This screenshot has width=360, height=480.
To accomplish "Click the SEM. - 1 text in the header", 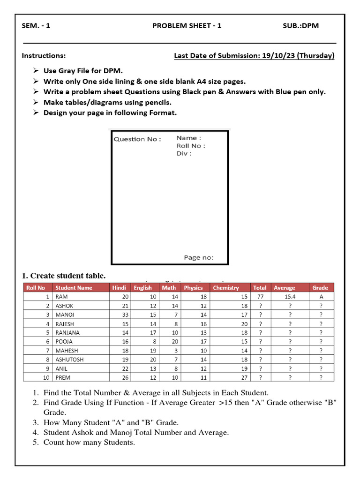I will (36, 26).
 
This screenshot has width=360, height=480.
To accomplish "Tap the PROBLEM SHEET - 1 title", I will (187, 26).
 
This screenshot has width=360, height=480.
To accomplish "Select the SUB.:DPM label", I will (300, 26).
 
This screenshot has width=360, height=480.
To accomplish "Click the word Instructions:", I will (44, 56).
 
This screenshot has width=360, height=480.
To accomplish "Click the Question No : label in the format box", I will (137, 139).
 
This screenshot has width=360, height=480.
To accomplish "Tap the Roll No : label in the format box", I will (190, 146).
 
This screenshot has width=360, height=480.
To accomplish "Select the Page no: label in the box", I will (199, 257).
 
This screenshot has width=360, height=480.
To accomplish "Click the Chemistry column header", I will (225, 288).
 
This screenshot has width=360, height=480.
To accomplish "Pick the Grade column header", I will (320, 288).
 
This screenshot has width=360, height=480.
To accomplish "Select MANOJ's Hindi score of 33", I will (125, 315).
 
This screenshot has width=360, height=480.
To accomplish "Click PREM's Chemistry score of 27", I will (244, 377).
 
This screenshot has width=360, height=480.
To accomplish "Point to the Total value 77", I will (260, 297).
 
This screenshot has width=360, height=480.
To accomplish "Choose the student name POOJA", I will (64, 342).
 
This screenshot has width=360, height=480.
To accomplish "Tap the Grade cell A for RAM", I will (321, 297).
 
